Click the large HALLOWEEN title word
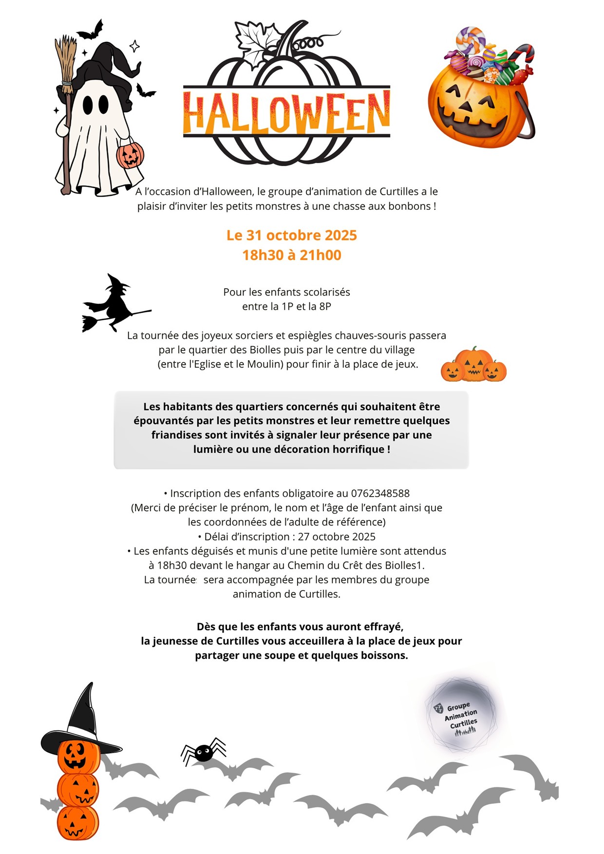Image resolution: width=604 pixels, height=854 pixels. [286, 113]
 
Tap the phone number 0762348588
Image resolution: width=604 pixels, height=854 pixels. [380, 493]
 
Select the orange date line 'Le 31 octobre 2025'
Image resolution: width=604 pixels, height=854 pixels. [291, 235]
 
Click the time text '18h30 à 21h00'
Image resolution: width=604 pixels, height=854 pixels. [291, 255]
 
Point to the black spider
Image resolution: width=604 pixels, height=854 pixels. [204, 753]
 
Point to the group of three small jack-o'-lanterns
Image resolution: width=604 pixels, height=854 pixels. [473, 366]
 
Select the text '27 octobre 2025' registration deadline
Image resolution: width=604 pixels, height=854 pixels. [337, 537]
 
